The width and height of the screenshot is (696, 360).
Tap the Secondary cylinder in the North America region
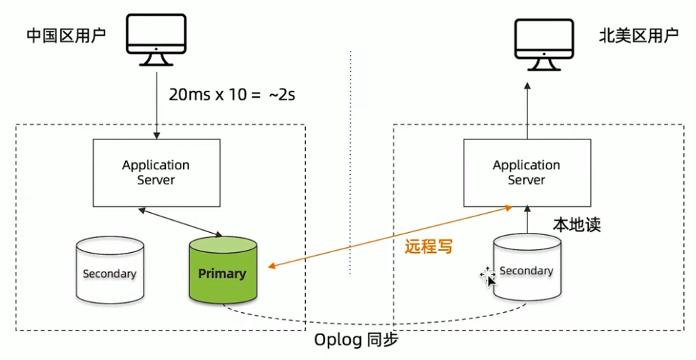point(527,270)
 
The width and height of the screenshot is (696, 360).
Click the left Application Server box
point(155,172)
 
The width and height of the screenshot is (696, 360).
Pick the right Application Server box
point(527,172)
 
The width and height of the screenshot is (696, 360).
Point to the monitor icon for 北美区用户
point(546,44)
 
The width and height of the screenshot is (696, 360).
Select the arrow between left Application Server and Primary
point(182,221)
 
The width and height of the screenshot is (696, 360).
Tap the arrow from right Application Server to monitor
point(527,111)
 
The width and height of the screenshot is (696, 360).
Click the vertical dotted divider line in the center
point(351,164)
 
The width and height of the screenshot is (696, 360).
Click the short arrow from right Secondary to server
point(527,219)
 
